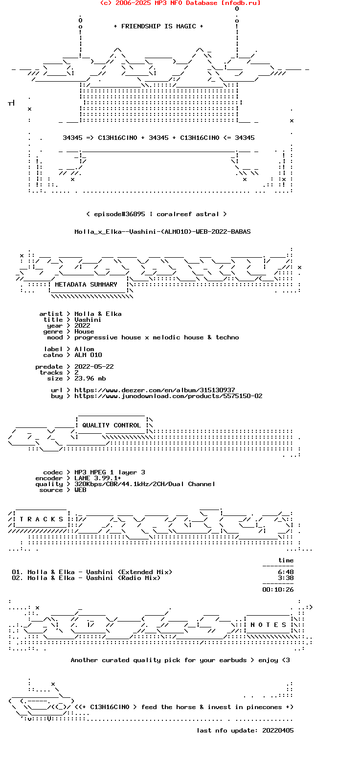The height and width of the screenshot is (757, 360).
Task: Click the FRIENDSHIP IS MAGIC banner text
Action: coord(158,26)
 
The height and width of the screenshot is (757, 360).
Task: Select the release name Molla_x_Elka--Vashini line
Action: coord(162,232)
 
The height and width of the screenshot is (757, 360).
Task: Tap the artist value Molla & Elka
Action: coord(98,314)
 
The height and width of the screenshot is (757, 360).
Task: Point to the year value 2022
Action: coord(82,326)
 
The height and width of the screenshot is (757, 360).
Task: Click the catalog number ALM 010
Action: coord(88,355)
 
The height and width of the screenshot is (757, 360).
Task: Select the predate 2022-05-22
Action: coord(94,367)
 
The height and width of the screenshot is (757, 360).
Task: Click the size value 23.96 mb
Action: coord(90,378)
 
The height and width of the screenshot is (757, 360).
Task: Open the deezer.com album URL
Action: coord(155,390)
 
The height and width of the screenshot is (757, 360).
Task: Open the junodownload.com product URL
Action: coord(168,396)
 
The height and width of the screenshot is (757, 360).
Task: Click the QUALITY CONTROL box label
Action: coord(112,425)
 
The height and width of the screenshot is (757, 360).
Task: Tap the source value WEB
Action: coord(80,490)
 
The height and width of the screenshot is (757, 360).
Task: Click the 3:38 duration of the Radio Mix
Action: coord(286,578)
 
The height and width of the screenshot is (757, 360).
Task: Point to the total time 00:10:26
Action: coord(278,590)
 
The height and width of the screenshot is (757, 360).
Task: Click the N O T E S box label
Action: coord(269,625)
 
